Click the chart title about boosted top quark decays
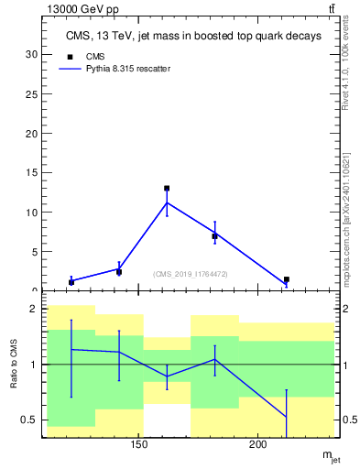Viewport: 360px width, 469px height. click(x=193, y=37)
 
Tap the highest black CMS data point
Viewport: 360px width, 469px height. click(x=167, y=188)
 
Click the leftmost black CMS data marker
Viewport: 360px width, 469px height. click(x=71, y=282)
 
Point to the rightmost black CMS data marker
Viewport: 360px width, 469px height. click(x=287, y=279)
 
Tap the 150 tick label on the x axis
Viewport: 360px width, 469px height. click(x=139, y=445)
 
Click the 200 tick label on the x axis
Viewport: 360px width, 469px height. click(x=258, y=445)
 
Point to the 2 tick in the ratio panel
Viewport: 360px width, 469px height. click(x=34, y=310)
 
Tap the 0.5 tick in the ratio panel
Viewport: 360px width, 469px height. click(x=30, y=420)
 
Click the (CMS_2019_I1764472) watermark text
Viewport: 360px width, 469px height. click(x=191, y=273)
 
